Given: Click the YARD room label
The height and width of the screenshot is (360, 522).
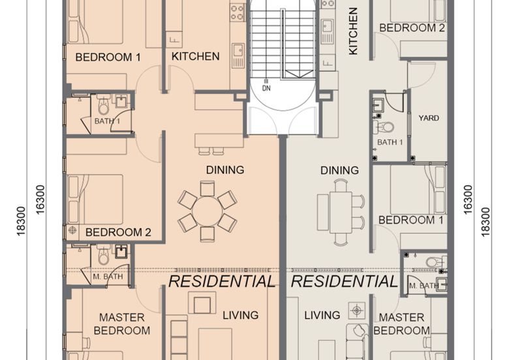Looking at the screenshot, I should coord(429,118).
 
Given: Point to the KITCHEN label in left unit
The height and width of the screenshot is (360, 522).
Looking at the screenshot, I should coord(195,56).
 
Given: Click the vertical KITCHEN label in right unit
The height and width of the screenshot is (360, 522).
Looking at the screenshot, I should coord(353,31).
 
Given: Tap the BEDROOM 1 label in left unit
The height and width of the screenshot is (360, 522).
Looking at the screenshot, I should coord(108,57).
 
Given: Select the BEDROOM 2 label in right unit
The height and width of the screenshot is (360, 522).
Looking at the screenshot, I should coord(412,28).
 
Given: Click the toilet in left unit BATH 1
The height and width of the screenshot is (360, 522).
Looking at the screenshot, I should coord(102,105).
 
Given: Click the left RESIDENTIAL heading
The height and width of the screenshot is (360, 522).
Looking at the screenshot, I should coord(221,282).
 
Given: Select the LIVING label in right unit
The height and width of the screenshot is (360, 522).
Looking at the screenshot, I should coord(322,315).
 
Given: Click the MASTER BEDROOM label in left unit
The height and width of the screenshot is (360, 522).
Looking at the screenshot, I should coord(121,323).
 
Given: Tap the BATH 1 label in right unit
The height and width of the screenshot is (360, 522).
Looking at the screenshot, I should coord(390,142).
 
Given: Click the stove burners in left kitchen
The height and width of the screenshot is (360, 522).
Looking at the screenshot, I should coord(237,11).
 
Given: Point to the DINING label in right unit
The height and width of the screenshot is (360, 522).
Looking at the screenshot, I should coord(339,170).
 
